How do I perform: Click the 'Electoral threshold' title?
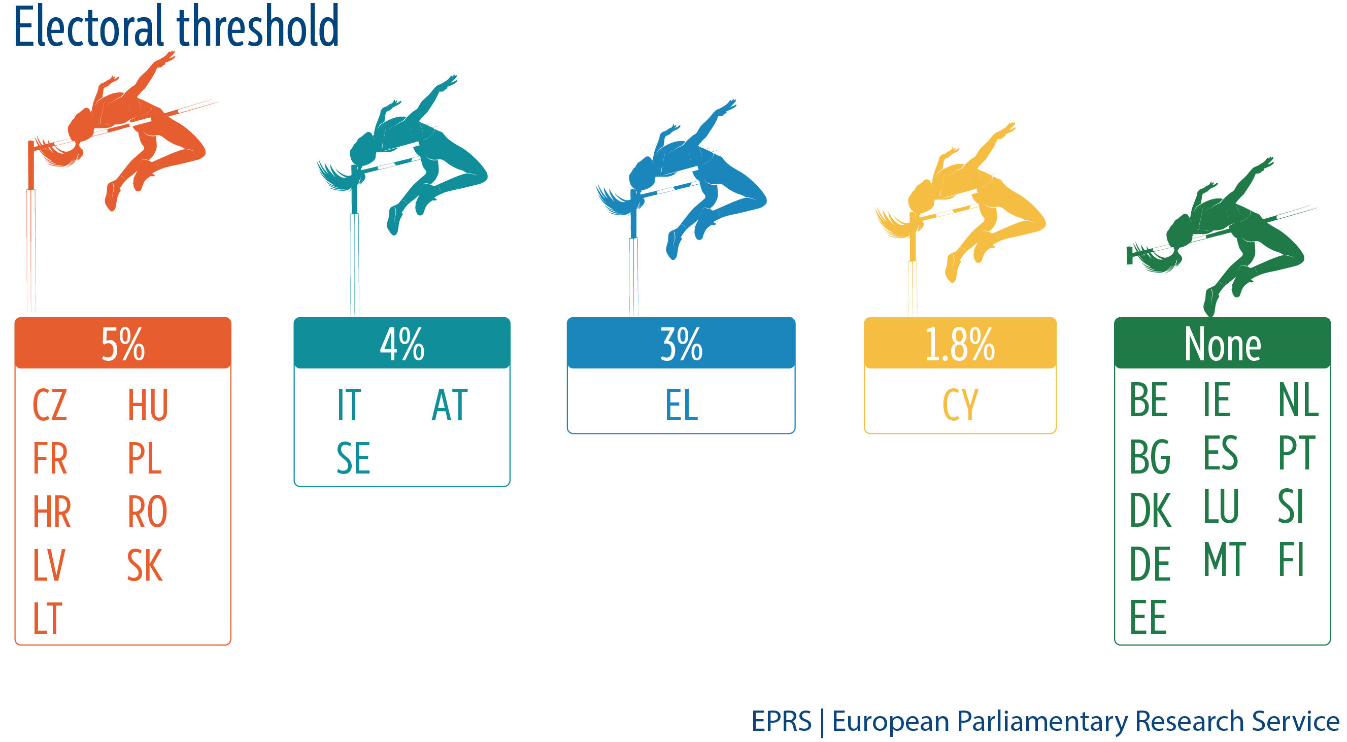coord(176,26)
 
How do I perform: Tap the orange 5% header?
coord(123,343)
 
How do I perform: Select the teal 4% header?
coord(401,343)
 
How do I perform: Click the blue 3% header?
coord(681,343)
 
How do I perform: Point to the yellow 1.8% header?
coord(960,343)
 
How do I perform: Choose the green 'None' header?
coord(1222,343)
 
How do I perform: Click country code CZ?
coord(50,404)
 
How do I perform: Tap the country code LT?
coord(48,618)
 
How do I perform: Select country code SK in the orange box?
coord(145,565)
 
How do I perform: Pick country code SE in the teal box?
coord(353,458)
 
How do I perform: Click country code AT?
coord(450,404)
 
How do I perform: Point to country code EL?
coord(681,404)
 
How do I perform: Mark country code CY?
coord(960,404)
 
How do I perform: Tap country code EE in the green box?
coord(1148,617)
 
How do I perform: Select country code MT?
coord(1225,559)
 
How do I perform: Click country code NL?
coord(1299,399)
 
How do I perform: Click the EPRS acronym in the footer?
coord(781,722)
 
